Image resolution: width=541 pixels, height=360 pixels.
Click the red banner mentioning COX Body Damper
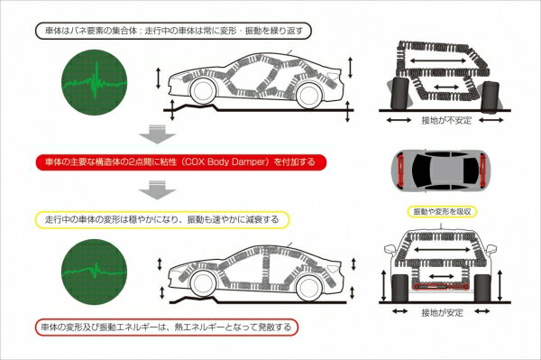tap(181, 162)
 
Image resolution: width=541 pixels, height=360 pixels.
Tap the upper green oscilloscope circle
tap(94, 82)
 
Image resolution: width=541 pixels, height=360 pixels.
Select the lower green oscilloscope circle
tap(94, 272)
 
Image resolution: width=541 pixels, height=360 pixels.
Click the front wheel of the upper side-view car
tap(203, 91)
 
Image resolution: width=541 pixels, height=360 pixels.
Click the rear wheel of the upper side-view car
tap(308, 96)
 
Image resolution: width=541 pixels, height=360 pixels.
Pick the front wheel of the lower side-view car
tap(203, 282)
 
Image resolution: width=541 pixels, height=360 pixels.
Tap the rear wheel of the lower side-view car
tap(308, 287)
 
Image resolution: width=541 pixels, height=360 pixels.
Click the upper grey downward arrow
tap(157, 134)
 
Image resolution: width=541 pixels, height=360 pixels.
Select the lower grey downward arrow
tap(157, 189)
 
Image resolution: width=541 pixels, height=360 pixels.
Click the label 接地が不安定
tap(446, 120)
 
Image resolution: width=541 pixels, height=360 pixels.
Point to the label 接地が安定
tap(442, 312)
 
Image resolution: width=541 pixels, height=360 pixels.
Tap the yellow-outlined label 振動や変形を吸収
tap(442, 212)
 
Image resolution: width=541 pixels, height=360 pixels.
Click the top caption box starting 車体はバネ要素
tap(173, 31)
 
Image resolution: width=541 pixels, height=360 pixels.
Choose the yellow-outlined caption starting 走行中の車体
tap(162, 219)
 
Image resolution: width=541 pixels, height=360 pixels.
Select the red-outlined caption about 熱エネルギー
tap(167, 327)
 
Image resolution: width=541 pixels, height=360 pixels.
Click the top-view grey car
tap(440, 171)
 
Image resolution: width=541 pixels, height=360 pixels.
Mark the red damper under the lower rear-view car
tap(441, 286)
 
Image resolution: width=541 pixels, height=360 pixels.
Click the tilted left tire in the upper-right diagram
tap(400, 93)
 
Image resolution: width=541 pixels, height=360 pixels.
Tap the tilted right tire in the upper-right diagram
tap(491, 97)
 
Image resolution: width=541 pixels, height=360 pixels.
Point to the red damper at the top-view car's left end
tap(401, 171)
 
